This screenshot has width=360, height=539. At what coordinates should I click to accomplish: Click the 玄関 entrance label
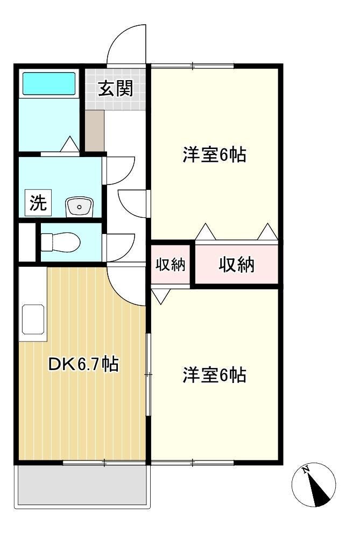[116, 89]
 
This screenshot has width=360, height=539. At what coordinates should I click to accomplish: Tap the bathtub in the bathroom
[49, 83]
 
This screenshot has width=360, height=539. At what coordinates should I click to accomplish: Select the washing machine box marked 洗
[38, 203]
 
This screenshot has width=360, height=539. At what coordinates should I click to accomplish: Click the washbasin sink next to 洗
[80, 207]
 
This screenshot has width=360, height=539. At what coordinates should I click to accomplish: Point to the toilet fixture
[60, 242]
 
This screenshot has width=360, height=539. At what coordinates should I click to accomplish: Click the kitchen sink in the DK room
[33, 320]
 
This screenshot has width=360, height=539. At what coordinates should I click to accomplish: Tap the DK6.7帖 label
[83, 364]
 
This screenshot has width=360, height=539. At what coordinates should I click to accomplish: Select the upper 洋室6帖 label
[214, 154]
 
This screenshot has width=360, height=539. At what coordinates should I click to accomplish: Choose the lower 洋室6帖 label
[214, 375]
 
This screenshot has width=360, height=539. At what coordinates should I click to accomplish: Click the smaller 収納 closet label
[171, 265]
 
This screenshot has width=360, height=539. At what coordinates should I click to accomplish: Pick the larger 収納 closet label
[237, 265]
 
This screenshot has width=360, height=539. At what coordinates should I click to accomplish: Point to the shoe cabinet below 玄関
[95, 131]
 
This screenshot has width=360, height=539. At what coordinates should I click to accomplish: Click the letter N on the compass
[305, 469]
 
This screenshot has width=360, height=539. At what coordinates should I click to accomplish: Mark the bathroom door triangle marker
[70, 143]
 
